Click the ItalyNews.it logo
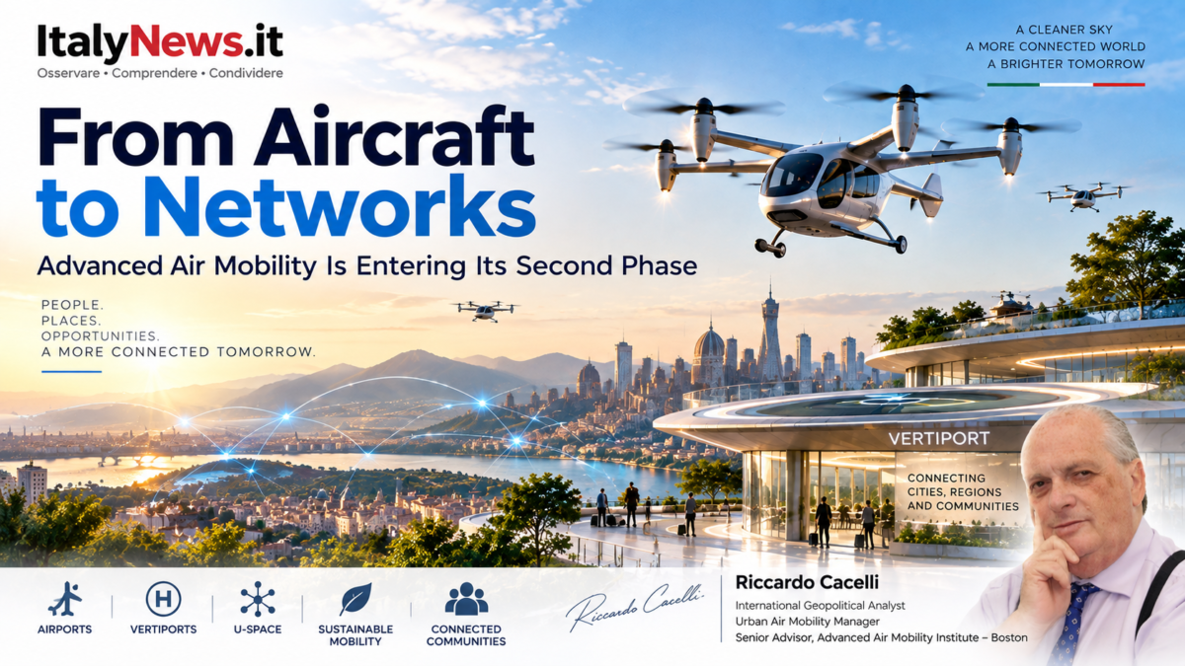click(x=160, y=42)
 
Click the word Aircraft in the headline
click(x=394, y=136)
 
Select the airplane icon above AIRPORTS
click(x=64, y=599)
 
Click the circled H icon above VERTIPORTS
click(x=163, y=599)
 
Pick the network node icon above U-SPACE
click(x=258, y=599)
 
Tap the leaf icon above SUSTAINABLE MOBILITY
click(x=355, y=599)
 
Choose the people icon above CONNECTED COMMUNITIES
click(x=466, y=599)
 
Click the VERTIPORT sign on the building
click(x=938, y=438)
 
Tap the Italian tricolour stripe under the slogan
click(x=1066, y=85)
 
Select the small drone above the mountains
click(x=485, y=311)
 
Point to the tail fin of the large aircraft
click(x=932, y=193)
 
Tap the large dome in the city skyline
click(x=709, y=343)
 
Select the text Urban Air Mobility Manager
click(x=808, y=622)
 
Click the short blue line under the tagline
click(x=71, y=372)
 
